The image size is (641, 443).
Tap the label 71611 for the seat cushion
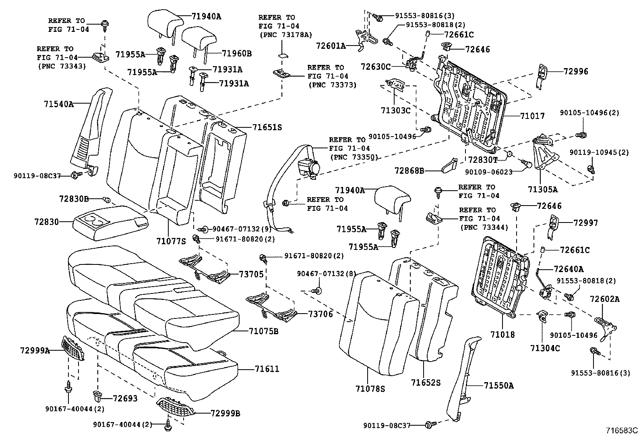[267, 369]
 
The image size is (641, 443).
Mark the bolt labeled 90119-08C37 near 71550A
[430, 424]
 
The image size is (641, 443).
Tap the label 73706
[320, 314]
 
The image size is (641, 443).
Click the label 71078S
[370, 389]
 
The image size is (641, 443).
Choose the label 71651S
[267, 127]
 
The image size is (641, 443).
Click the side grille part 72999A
[73, 349]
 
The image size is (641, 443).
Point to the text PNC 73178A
[285, 35]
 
